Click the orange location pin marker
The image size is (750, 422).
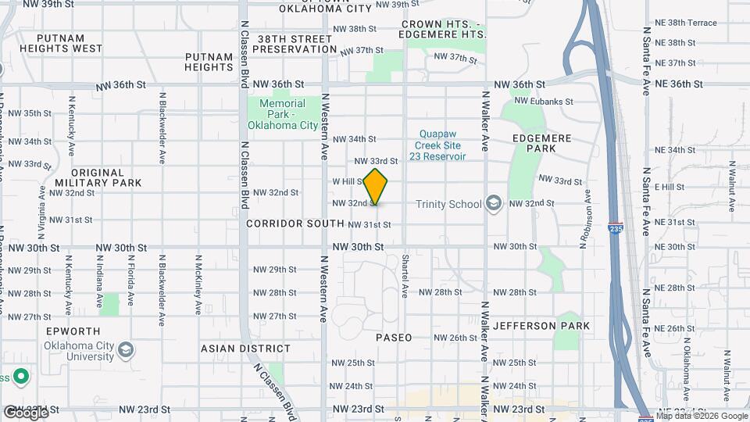pos(376,186)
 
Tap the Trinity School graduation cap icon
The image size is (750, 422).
pos(493,204)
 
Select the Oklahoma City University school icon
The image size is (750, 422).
pos(126,348)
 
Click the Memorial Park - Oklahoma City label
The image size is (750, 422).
pos(283,114)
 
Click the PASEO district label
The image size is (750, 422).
pos(394,338)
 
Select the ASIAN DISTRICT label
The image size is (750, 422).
pos(245,349)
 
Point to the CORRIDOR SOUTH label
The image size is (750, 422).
pos(295,224)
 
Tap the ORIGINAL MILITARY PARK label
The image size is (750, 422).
pos(97,177)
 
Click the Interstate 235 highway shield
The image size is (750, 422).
pos(615,228)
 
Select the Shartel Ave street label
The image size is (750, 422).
pos(405,275)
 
